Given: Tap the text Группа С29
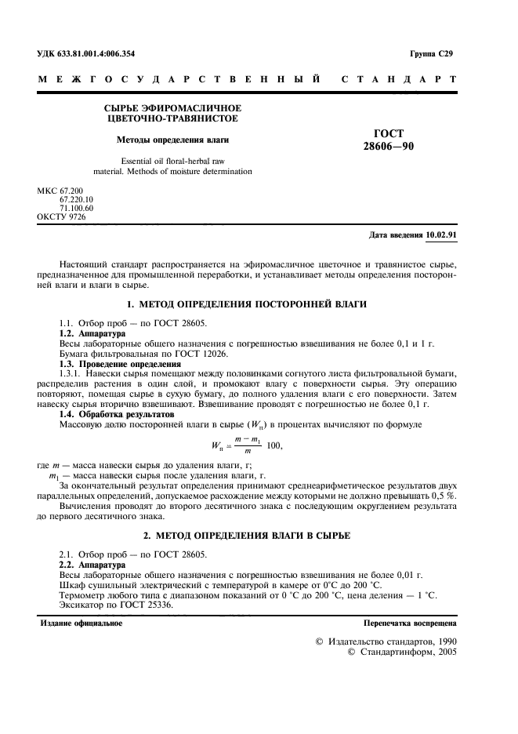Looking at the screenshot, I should coord(431,54).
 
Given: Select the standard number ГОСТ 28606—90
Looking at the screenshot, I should coord(389,140).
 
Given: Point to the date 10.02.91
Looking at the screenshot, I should coord(441,234).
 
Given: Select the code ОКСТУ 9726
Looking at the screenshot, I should coord(61,216).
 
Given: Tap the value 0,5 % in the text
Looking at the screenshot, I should coord(443,496).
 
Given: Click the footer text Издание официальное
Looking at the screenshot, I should coord(82,623).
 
